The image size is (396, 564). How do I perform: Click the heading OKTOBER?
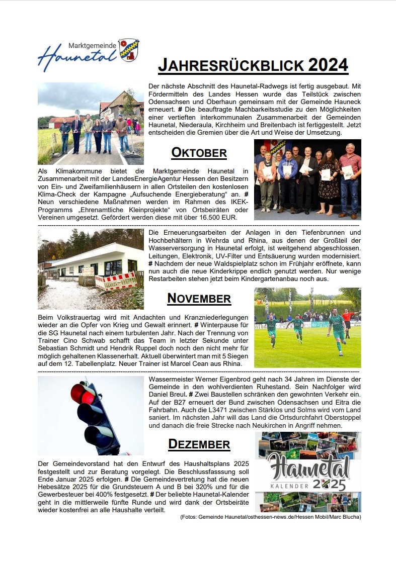click(199, 152)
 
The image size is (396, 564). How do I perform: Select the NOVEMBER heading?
click(199, 298)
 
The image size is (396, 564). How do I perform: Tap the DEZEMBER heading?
click(199, 444)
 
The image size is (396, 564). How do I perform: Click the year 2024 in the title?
click(328, 65)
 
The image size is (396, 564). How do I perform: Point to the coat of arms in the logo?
click(129, 49)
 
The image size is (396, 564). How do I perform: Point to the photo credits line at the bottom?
click(270, 517)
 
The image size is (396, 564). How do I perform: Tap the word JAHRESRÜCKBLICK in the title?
click(231, 65)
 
